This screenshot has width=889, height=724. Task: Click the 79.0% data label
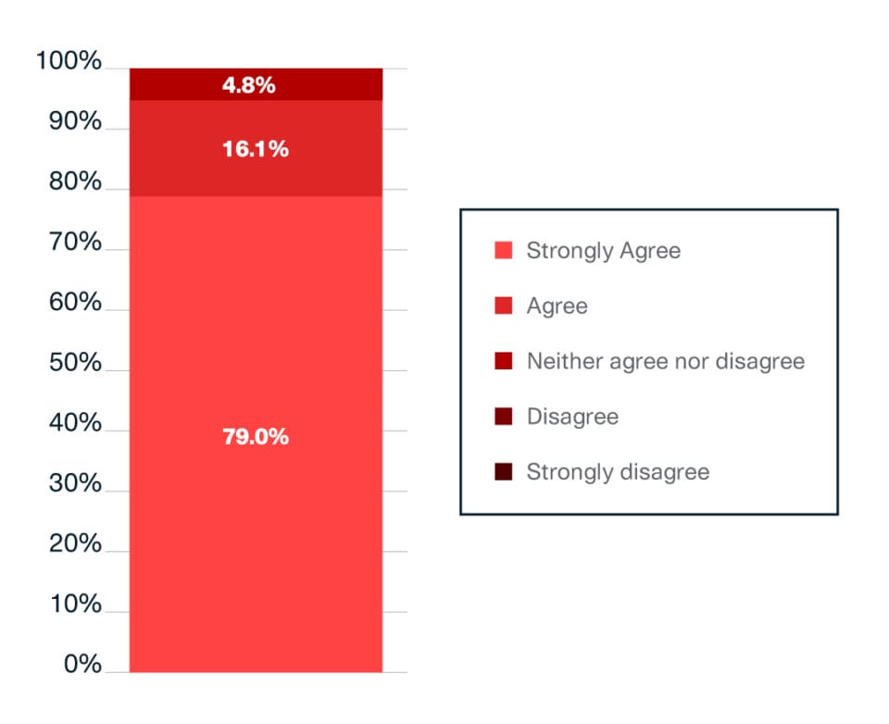pyautogui.click(x=256, y=437)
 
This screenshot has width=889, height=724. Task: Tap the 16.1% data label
pyautogui.click(x=256, y=149)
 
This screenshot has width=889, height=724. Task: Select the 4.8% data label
pyautogui.click(x=249, y=85)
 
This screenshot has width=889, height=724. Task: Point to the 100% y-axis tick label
pyautogui.click(x=69, y=62)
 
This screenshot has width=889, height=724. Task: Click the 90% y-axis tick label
pyautogui.click(x=74, y=122)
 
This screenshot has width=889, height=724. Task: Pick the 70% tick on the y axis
pyautogui.click(x=74, y=243)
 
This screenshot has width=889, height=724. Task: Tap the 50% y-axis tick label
pyautogui.click(x=74, y=363)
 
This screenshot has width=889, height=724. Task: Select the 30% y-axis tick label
pyautogui.click(x=74, y=484)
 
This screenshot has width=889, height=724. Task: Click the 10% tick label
pyautogui.click(x=74, y=605)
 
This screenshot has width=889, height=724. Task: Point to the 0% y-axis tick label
pyautogui.click(x=81, y=665)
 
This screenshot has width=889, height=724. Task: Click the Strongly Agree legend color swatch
pyautogui.click(x=504, y=250)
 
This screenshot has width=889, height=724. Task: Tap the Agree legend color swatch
pyautogui.click(x=504, y=306)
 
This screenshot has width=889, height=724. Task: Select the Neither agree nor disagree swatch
pyautogui.click(x=504, y=361)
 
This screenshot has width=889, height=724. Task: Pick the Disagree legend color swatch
pyautogui.click(x=504, y=417)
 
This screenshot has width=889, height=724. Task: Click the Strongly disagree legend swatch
pyautogui.click(x=504, y=472)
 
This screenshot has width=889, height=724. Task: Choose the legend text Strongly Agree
pyautogui.click(x=603, y=250)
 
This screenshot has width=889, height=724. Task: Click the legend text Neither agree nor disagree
pyautogui.click(x=665, y=361)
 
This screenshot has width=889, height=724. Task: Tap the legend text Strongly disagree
pyautogui.click(x=618, y=472)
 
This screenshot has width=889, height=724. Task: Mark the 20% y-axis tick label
pyautogui.click(x=74, y=544)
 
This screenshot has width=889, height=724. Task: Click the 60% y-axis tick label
pyautogui.click(x=74, y=303)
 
